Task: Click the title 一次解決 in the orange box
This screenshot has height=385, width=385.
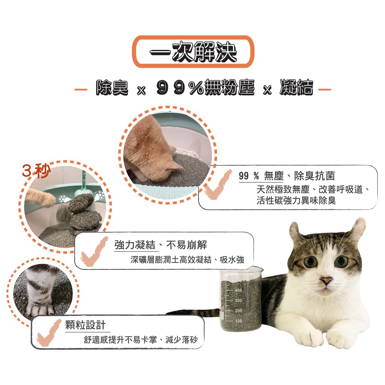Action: (x=193, y=52)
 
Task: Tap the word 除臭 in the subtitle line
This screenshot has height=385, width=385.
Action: (x=112, y=88)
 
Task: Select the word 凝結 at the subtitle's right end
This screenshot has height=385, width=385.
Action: (x=296, y=87)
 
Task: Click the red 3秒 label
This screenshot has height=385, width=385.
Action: (x=36, y=171)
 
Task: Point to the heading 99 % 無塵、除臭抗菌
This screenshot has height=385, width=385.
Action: (x=286, y=176)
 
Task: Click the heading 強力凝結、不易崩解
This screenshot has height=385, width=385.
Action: (x=161, y=245)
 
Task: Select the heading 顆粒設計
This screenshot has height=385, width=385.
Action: (x=85, y=325)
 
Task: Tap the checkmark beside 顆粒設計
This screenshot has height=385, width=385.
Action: (x=49, y=333)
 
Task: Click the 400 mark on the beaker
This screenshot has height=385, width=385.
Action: (x=238, y=290)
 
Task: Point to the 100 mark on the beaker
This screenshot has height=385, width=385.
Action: (x=238, y=321)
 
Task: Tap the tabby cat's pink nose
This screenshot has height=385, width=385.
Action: (x=326, y=280)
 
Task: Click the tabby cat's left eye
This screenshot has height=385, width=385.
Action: (x=310, y=262)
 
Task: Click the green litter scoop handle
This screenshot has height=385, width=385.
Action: (x=84, y=180)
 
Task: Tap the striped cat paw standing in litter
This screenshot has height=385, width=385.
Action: (x=41, y=292)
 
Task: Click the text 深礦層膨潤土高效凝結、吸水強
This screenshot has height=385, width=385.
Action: (x=187, y=259)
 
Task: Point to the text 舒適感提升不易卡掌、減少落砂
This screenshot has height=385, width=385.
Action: (x=141, y=340)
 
